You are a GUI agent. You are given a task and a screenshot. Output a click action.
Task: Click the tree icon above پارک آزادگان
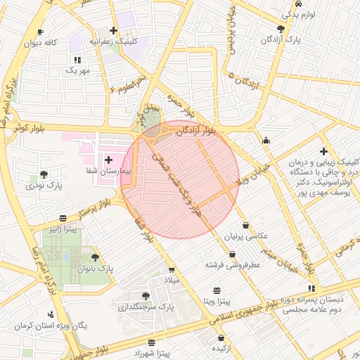coord(281,29)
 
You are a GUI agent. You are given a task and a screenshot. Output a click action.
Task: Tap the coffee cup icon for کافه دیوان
coord(40,32)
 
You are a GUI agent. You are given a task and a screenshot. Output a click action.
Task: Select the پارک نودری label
coord(44,186)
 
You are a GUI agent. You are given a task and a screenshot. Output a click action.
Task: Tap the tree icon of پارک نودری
coord(44,174)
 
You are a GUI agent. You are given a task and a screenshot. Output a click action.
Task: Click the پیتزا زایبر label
coord(63,229)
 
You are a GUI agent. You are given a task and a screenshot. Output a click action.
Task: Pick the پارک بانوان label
coord(95,269)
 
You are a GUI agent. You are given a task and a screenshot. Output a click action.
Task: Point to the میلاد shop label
coord(172,281)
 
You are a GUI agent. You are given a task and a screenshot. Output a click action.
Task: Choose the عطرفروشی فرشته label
coord(233,265)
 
